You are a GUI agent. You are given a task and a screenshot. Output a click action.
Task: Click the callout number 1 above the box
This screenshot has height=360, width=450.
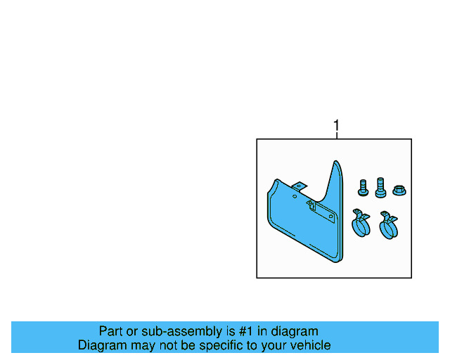tap(336, 125)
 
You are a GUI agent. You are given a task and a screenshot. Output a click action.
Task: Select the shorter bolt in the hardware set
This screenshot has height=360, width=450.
tap(363, 188)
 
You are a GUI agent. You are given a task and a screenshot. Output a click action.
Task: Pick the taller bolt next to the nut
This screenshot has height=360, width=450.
tap(380, 188)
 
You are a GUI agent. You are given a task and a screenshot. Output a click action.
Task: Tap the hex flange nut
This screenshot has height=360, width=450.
tap(399, 191)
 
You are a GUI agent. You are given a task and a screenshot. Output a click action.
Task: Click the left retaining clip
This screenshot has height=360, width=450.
tap(361, 223)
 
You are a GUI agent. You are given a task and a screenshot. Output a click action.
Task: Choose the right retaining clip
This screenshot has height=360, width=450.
tap(388, 225)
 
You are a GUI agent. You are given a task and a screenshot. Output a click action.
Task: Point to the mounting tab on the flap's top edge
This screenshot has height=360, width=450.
tap(300, 186)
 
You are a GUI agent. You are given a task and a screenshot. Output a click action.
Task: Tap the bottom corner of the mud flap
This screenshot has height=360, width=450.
tap(338, 262)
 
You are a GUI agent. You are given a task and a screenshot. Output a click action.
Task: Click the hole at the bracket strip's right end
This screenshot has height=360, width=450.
tap(331, 217)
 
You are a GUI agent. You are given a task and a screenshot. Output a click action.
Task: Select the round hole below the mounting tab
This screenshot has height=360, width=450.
tap(295, 196)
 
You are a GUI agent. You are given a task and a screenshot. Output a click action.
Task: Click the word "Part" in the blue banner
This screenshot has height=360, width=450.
tap(108, 331)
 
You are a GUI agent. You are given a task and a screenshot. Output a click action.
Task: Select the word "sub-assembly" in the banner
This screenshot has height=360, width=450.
tap(181, 332)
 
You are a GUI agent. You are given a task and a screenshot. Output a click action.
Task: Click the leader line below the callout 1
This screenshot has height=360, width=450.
tap(337, 135)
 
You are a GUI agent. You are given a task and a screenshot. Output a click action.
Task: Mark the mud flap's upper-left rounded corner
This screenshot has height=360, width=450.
tap(276, 181)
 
